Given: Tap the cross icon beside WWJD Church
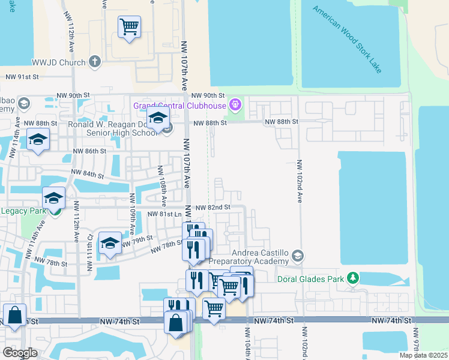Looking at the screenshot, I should coord(95,61).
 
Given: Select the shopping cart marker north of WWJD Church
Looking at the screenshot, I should coord(129,27).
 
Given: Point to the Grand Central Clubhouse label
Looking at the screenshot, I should coord(179,106).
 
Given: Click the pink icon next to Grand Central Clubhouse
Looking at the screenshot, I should coord(235,106).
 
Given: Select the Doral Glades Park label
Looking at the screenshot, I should coord(310,278).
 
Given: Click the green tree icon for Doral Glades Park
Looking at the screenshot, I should coord(354,277).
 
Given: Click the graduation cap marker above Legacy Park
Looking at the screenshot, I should coord(53,199).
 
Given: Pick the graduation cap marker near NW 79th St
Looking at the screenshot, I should coord(110,243).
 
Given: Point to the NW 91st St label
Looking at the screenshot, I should coord(22,77).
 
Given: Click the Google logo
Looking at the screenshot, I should coord(20,352).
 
